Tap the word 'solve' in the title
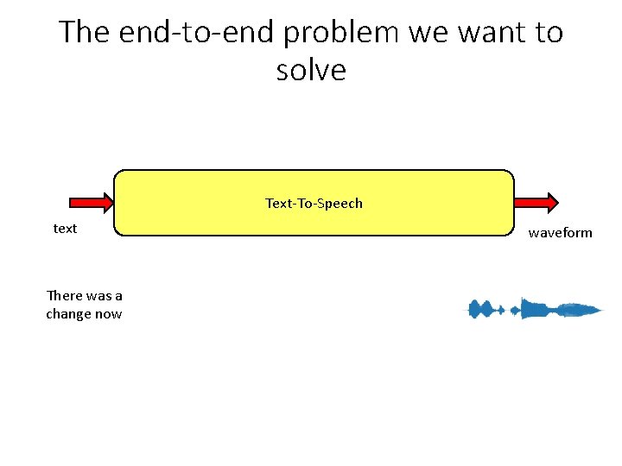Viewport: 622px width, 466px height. click(311, 71)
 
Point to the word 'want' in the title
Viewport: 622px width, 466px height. click(488, 33)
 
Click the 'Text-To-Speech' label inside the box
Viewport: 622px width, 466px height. click(314, 204)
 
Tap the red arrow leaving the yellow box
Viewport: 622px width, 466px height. click(536, 203)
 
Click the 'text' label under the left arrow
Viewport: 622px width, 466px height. click(65, 229)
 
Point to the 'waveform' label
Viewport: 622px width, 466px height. click(561, 233)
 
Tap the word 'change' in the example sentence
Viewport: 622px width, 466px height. click(68, 314)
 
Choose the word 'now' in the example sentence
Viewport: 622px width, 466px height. click(109, 314)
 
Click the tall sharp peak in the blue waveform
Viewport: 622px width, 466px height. click(522, 307)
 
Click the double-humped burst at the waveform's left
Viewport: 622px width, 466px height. click(483, 309)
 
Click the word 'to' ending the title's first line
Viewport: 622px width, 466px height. click(546, 33)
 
